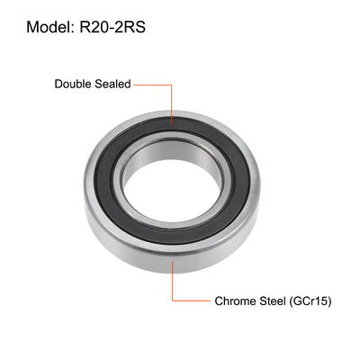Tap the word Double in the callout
click(74, 84)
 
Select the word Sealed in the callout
click(114, 84)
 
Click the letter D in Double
click(59, 84)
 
